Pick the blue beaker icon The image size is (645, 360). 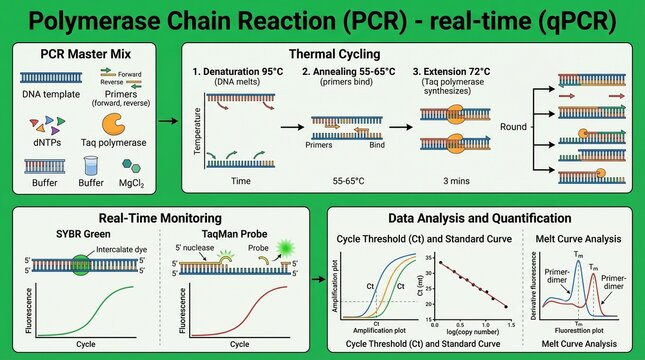90,165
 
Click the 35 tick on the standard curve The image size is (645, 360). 427,263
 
